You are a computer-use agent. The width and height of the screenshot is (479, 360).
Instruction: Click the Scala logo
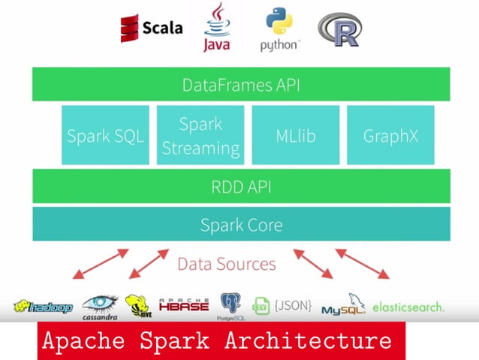(x=151, y=28)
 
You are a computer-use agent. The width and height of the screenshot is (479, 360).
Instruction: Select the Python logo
(x=279, y=29)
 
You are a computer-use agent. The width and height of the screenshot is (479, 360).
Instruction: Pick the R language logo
(x=339, y=29)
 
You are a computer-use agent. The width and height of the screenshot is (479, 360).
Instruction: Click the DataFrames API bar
(x=241, y=85)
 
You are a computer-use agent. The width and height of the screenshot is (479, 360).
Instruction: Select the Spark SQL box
(x=105, y=136)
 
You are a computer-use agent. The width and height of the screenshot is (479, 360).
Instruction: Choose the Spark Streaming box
(x=200, y=136)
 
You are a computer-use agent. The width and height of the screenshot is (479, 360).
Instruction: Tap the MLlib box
(x=295, y=136)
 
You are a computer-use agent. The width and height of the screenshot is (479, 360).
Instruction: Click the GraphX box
(x=390, y=136)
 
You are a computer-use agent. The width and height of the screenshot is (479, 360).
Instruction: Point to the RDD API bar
(x=241, y=187)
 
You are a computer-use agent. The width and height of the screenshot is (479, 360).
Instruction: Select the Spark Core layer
(x=241, y=224)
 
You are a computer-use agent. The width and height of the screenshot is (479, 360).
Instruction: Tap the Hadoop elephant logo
(x=43, y=307)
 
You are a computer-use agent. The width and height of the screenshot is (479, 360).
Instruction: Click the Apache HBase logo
(x=184, y=305)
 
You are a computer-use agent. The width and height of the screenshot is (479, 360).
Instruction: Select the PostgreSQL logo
(x=230, y=305)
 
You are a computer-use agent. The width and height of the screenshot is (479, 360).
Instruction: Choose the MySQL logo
(x=342, y=307)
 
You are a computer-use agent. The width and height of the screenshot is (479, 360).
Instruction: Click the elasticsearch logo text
(x=408, y=307)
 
